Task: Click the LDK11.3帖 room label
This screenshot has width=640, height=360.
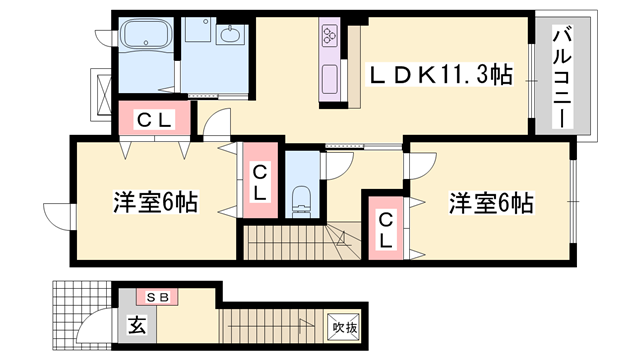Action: [441, 75]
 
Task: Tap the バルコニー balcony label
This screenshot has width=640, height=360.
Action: [562, 77]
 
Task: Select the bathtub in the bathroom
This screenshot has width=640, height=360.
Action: [147, 34]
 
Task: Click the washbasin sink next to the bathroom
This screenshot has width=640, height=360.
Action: [231, 34]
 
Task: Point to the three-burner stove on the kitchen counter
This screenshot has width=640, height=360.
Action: [330, 34]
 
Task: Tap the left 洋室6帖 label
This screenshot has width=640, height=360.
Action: [156, 202]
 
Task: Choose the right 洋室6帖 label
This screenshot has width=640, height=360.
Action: [491, 203]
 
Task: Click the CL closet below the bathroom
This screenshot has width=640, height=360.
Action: [154, 120]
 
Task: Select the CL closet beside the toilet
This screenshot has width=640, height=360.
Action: [260, 182]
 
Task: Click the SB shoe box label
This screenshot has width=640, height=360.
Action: [158, 298]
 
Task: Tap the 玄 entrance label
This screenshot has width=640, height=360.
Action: [137, 325]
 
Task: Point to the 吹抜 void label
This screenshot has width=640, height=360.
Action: [345, 327]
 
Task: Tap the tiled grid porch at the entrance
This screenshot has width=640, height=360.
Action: [82, 315]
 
